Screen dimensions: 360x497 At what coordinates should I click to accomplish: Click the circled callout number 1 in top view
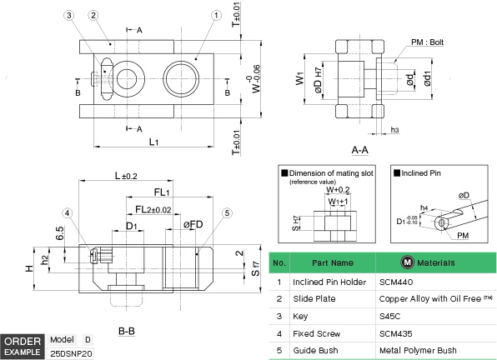pyautogui.click(x=193, y=15)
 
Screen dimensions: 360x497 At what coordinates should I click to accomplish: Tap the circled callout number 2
pyautogui.click(x=93, y=15)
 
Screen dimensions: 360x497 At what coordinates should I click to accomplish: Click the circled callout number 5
pyautogui.click(x=225, y=212)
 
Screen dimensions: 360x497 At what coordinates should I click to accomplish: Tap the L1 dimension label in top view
pyautogui.click(x=154, y=143)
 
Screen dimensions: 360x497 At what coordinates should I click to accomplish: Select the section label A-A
pyautogui.click(x=360, y=151)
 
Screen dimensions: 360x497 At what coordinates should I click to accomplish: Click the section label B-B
pyautogui.click(x=127, y=331)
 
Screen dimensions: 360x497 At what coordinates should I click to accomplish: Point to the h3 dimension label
pyautogui.click(x=394, y=130)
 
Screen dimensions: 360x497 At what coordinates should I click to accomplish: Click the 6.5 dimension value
pyautogui.click(x=60, y=233)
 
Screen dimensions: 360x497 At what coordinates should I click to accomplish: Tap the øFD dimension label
pyautogui.click(x=193, y=224)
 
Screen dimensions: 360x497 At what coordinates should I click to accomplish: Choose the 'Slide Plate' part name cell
pyautogui.click(x=315, y=298)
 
